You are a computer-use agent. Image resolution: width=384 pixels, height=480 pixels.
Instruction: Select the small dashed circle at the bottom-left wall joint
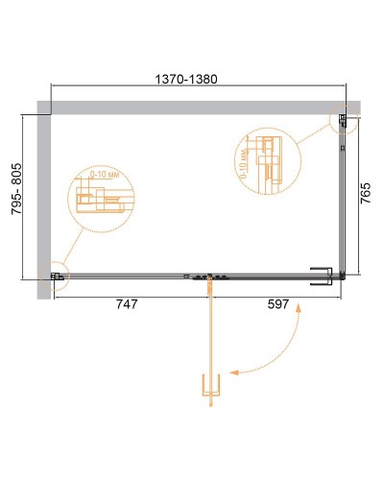58,276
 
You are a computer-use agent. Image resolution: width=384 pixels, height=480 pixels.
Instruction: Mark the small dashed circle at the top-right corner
342,121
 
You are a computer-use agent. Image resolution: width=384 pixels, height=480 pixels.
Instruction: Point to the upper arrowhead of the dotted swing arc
300,310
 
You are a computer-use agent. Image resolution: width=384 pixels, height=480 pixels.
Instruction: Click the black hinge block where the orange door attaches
208,278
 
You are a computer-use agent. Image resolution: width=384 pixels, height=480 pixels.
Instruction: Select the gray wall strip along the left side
42,202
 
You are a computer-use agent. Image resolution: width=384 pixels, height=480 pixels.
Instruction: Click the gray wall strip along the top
192,105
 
